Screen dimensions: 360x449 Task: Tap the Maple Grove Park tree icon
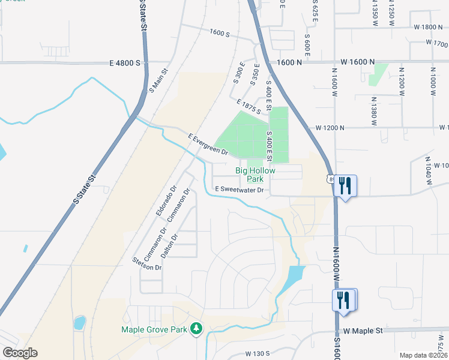click(x=196, y=328)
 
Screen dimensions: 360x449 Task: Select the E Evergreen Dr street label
click(x=208, y=145)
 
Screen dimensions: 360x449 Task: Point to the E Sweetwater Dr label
click(x=240, y=190)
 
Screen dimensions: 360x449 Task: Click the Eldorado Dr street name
click(x=166, y=200)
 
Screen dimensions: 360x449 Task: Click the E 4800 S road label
click(x=125, y=62)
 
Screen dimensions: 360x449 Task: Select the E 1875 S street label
click(x=249, y=107)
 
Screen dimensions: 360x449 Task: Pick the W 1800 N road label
click(x=427, y=27)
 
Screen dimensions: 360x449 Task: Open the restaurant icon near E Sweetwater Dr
click(x=345, y=185)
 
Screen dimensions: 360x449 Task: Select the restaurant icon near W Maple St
click(x=344, y=300)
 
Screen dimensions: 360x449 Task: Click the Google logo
click(x=20, y=353)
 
